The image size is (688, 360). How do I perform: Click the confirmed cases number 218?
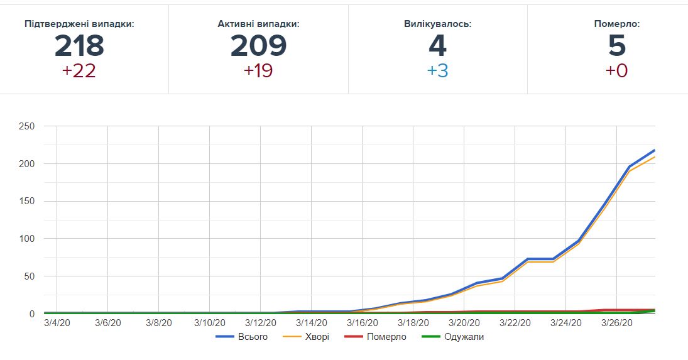pos(79,46)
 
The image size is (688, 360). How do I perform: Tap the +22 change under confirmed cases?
pos(79,71)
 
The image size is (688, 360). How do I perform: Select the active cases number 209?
pos(258,46)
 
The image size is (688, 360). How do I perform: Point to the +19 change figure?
pos(258,71)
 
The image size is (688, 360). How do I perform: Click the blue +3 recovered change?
pos(437,71)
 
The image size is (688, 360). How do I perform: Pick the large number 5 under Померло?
pos(617,46)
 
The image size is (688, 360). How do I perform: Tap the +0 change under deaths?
pos(616,71)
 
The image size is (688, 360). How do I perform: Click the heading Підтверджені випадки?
pos(79,24)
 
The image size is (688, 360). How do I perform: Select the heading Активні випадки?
pos(258,24)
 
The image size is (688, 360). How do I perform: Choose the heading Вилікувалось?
pos(437,24)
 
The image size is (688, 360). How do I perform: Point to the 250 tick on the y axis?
pos(27,126)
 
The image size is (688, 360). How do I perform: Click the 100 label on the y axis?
pos(27,239)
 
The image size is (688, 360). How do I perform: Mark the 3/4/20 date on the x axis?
pos(57,323)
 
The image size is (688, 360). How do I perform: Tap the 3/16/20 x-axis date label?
pos(363,323)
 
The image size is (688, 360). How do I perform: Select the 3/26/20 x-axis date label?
pos(617,323)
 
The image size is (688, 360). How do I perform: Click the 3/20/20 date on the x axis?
pos(464,323)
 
